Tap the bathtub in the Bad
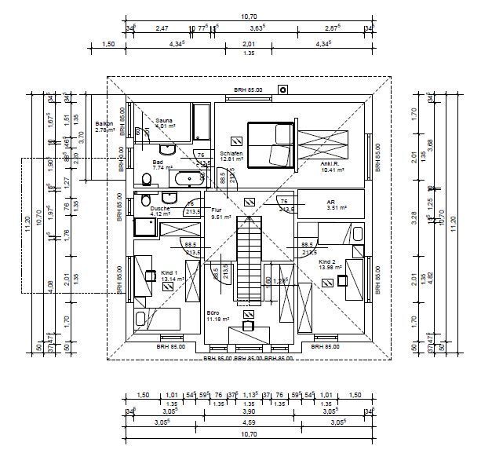188,177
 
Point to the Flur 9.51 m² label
221,214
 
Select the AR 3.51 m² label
331,205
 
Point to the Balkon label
104,126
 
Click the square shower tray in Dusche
145,227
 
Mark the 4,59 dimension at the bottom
248,423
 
